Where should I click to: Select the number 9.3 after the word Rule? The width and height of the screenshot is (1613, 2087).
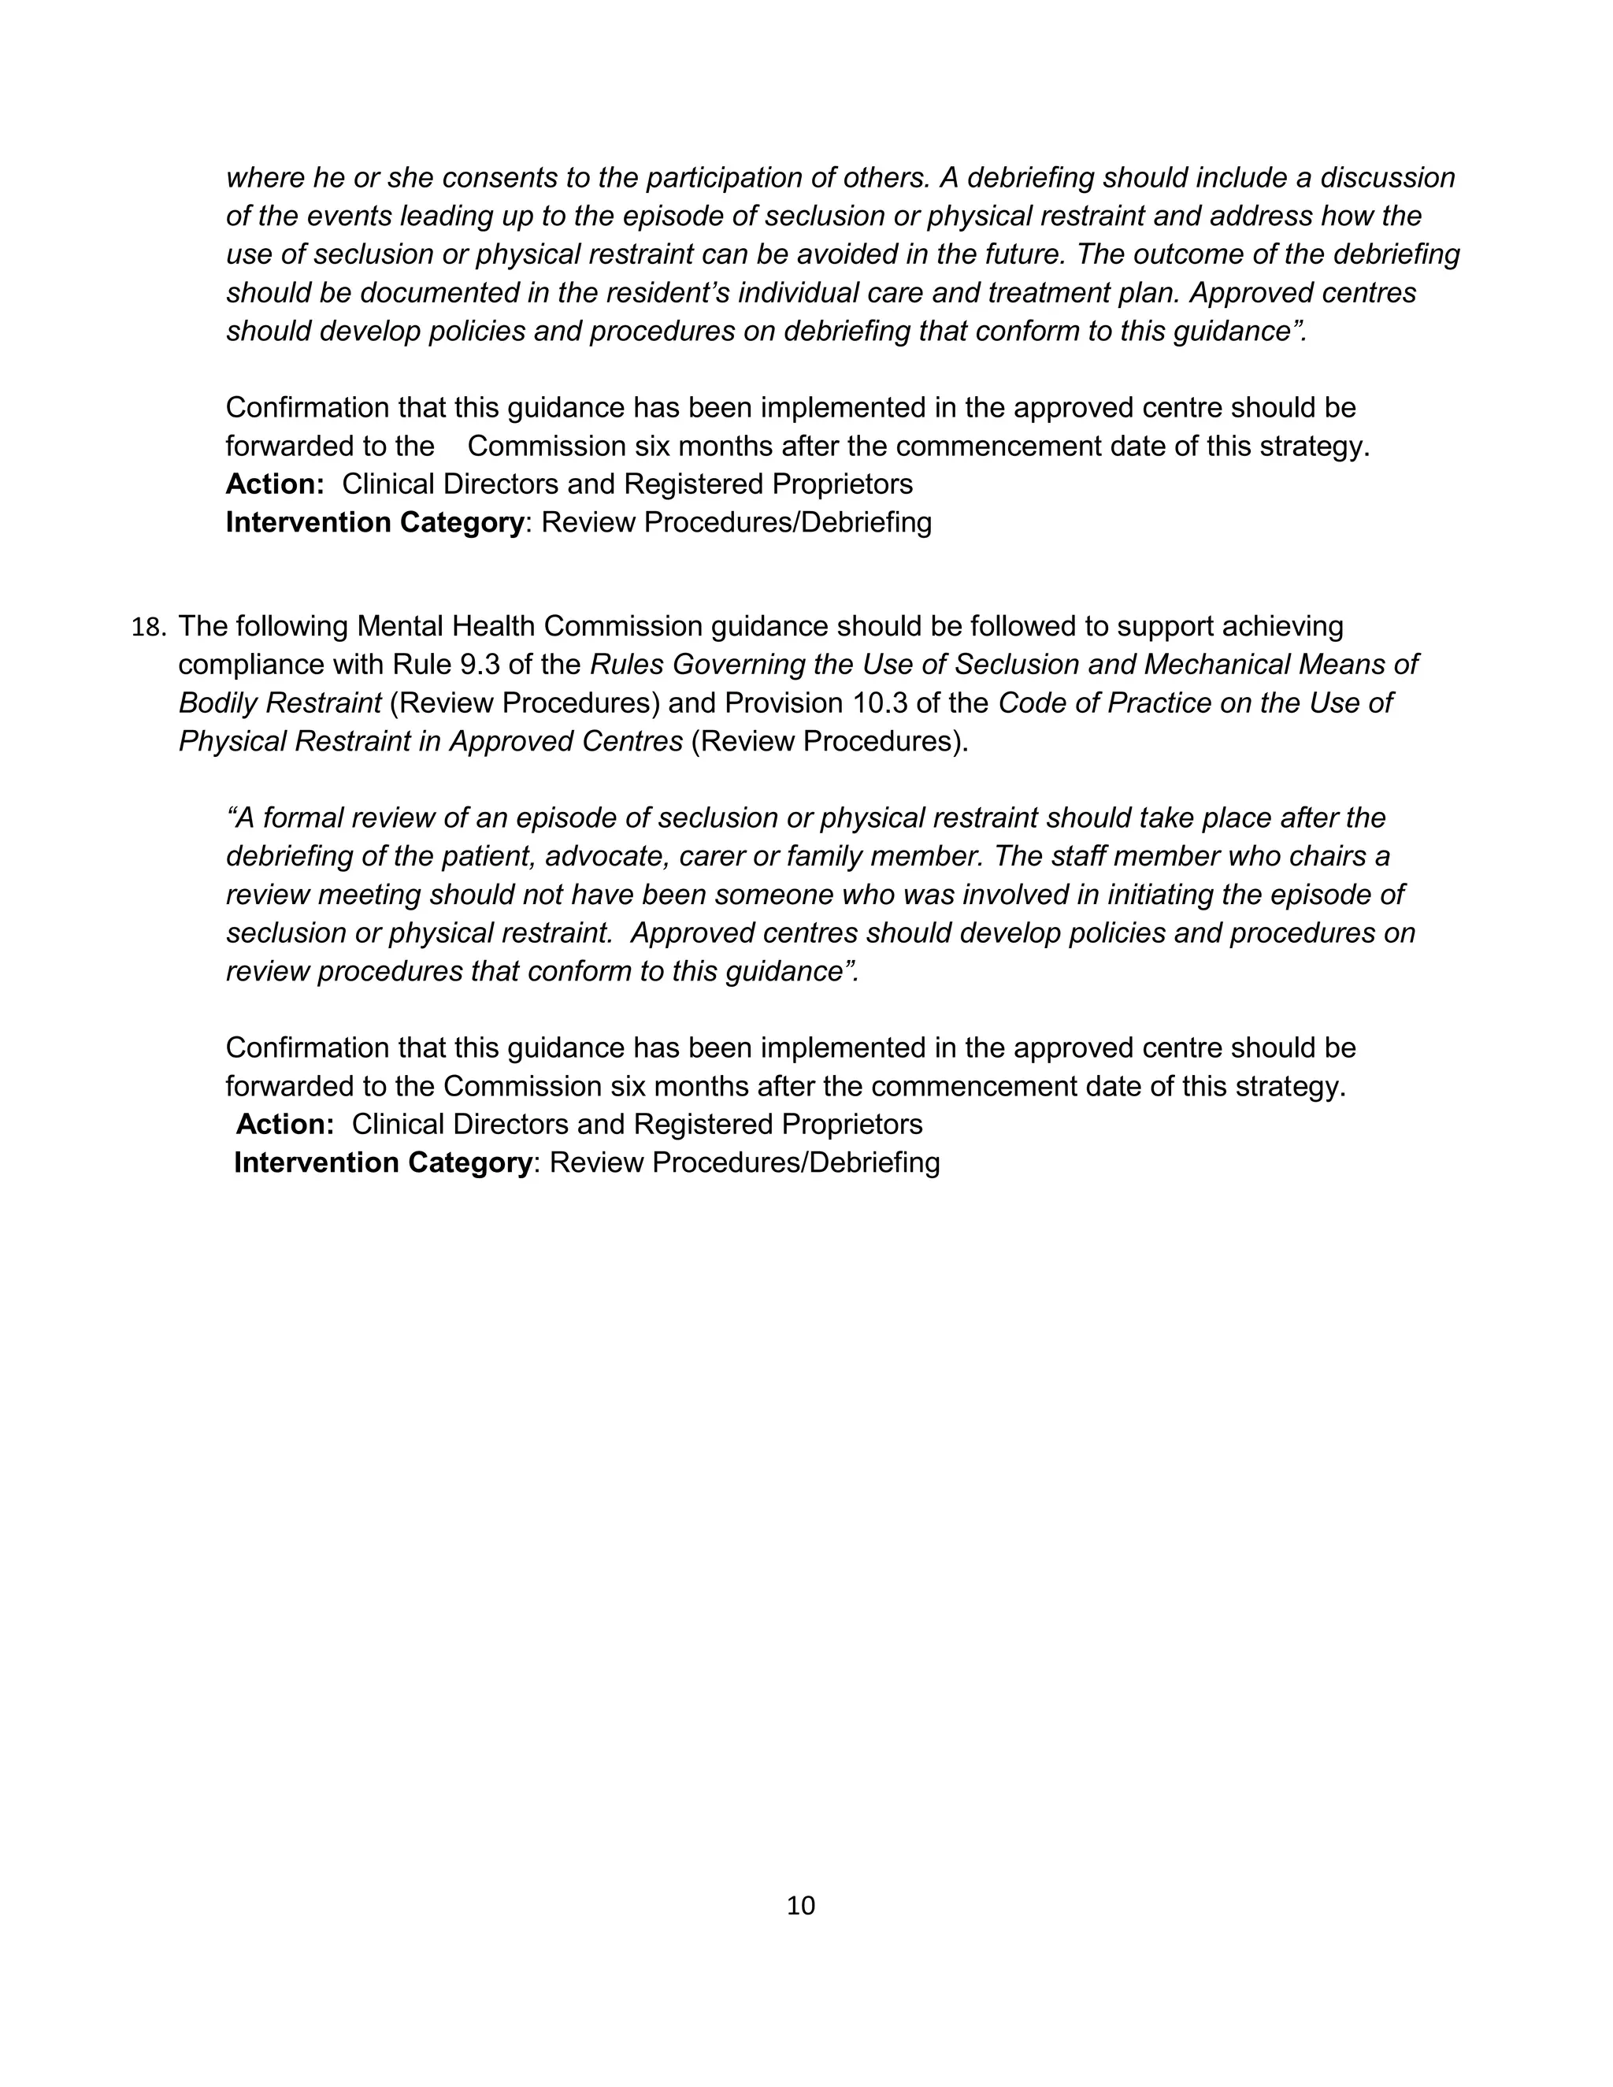click(x=474, y=664)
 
